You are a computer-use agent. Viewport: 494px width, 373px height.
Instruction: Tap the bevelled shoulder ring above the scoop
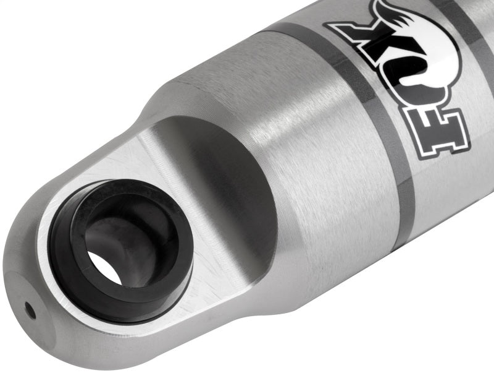click(179, 93)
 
